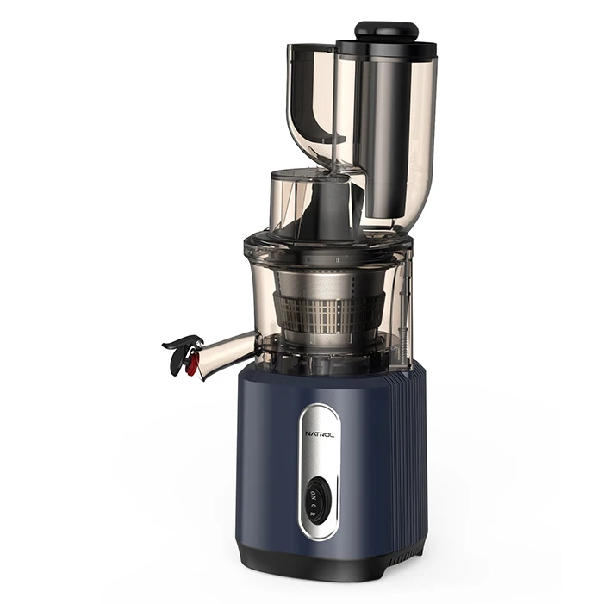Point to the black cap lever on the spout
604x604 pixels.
pyautogui.click(x=181, y=344)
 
